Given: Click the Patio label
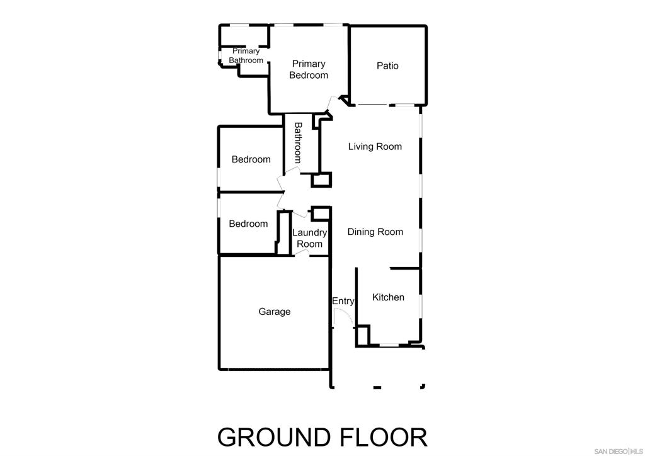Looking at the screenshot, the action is click(x=387, y=66).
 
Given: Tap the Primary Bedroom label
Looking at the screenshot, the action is click(x=309, y=69).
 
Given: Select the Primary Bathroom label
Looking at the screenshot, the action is click(x=246, y=55).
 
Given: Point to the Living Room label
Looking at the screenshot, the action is click(x=375, y=146).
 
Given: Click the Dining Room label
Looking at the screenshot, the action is click(x=375, y=232).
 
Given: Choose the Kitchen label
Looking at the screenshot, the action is click(x=388, y=297).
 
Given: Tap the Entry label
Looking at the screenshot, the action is click(x=343, y=302).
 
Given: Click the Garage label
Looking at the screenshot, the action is click(x=275, y=312).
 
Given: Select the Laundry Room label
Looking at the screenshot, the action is click(x=309, y=238).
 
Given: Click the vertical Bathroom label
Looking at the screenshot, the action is click(x=298, y=143).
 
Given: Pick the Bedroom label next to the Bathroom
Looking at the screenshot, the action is click(x=251, y=159).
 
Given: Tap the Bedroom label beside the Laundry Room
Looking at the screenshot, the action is click(x=248, y=224).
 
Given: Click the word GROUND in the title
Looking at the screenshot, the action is click(x=274, y=437).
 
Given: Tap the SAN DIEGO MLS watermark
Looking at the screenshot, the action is click(x=619, y=451).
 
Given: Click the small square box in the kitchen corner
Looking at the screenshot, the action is click(x=363, y=336).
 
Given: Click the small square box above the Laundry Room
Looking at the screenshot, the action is click(x=321, y=214).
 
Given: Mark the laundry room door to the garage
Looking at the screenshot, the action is click(x=302, y=253).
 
